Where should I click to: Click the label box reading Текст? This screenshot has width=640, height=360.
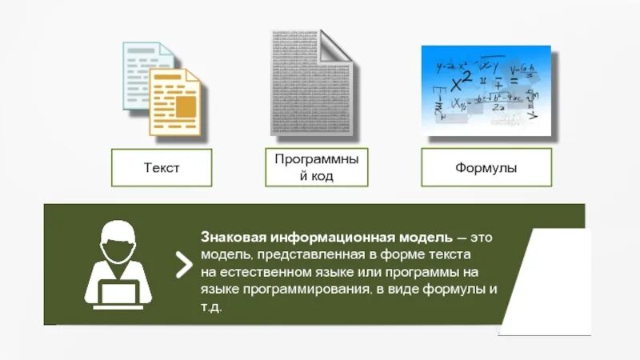click(x=162, y=168)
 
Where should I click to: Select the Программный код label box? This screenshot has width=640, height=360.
click(x=317, y=168)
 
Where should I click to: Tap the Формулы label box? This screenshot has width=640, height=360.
click(x=486, y=168)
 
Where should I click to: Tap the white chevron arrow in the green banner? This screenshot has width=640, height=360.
click(x=184, y=264)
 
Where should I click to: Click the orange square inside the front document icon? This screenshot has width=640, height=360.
click(x=186, y=107)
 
